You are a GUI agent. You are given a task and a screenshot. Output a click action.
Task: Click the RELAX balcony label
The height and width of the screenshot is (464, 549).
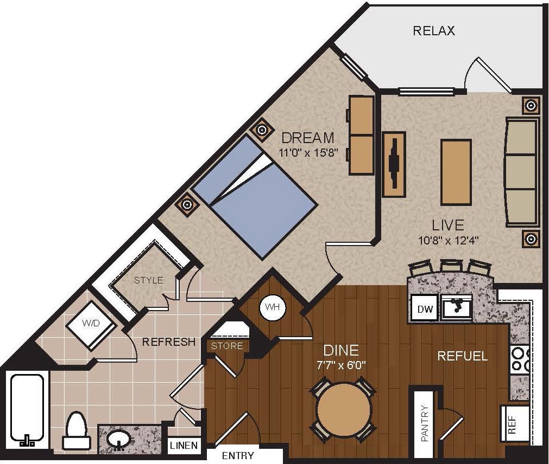(434, 30)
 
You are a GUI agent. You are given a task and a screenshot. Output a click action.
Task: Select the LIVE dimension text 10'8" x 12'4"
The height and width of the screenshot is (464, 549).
(447, 239)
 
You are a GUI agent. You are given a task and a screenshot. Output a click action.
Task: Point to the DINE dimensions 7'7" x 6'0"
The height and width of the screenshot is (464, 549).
(341, 365)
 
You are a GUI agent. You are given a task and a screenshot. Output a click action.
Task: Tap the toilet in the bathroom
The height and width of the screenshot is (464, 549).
(76, 431)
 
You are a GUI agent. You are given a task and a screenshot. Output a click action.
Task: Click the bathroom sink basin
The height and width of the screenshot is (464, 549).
(117, 439)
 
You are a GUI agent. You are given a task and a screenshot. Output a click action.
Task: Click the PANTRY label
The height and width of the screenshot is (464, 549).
(425, 423)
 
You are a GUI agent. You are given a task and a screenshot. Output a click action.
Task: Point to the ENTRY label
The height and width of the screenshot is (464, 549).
(238, 456)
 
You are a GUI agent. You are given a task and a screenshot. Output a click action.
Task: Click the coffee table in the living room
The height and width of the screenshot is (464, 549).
(456, 172)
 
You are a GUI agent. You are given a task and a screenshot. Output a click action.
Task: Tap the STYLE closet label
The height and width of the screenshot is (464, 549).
(148, 280)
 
